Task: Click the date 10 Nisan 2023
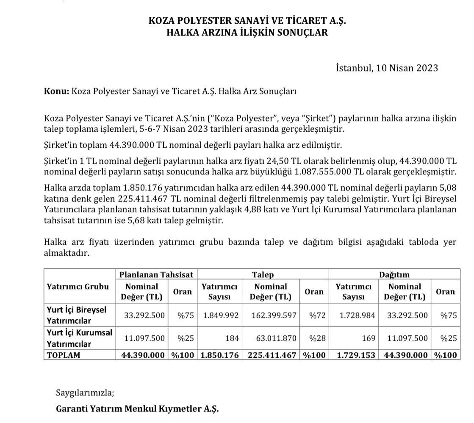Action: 406,68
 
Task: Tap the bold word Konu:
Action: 56,91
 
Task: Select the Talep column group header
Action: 263,274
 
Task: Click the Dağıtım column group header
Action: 394,274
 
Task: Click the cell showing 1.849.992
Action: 220,315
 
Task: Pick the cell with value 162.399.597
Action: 273,315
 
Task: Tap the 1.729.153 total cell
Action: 356,355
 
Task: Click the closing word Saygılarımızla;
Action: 85,392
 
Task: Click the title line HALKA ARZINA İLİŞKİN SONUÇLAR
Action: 247,32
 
